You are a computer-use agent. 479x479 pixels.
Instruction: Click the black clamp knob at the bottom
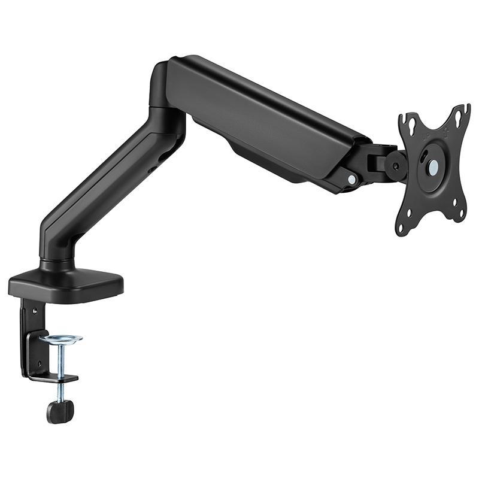point(60,411)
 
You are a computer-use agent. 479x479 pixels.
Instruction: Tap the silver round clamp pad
point(61,339)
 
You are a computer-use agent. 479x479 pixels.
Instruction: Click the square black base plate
point(66,284)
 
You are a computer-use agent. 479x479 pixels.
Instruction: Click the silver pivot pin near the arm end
point(351,179)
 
